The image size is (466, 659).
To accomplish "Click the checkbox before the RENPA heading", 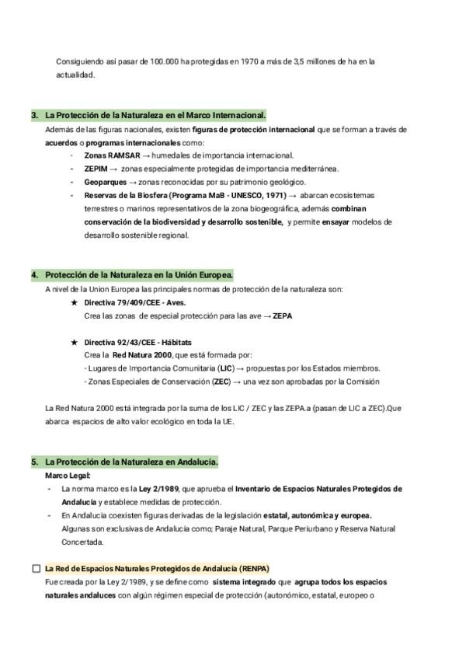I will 36,568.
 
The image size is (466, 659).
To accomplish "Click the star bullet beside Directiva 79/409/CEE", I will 74,302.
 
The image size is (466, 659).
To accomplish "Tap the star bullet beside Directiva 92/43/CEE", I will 74,342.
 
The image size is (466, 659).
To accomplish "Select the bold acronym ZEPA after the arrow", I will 283,316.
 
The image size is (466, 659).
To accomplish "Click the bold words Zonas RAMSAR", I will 106,155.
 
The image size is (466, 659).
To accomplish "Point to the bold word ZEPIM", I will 96,169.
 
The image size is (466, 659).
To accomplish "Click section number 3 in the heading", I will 34,115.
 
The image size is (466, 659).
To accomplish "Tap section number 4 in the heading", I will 34,275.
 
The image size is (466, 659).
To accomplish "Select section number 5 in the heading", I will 34,462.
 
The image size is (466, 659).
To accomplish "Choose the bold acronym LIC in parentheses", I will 226,368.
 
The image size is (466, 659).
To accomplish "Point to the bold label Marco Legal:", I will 68,476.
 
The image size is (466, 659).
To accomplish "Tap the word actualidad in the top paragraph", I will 74,75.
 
